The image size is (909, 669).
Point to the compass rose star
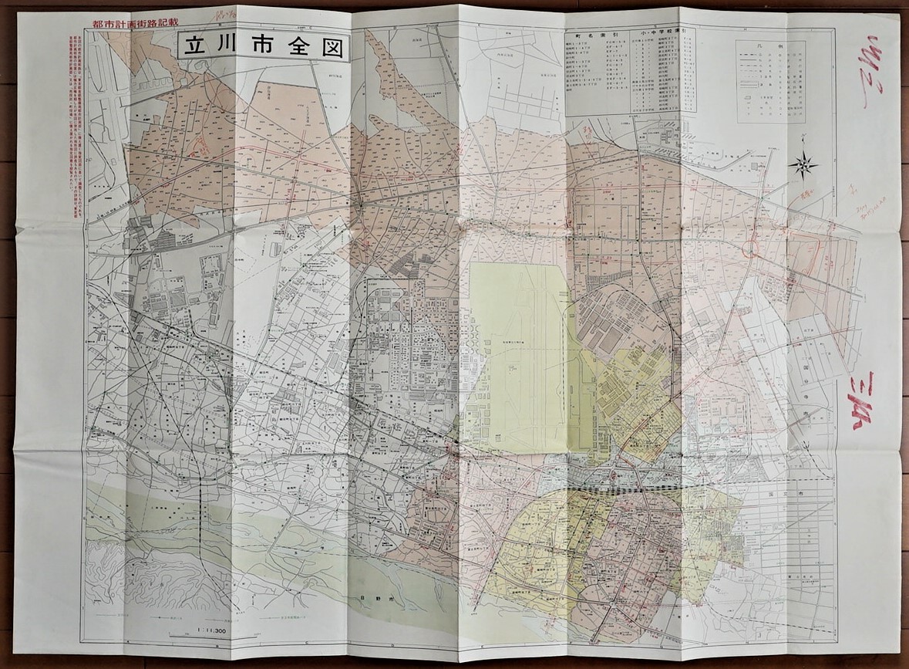coord(804,164)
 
